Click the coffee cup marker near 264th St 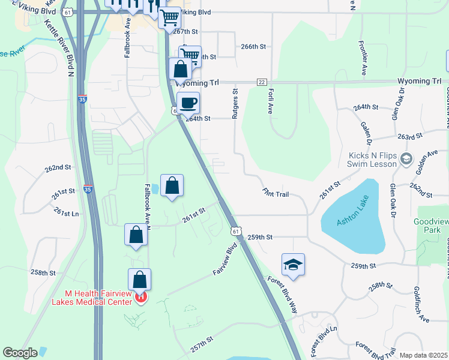[188, 103]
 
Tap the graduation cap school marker [293, 265]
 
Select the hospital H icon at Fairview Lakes [140, 296]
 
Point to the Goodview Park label [430, 226]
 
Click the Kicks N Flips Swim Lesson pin [406, 159]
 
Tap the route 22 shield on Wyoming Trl [261, 82]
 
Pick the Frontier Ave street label [363, 58]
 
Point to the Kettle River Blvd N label [58, 48]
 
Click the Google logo [20, 353]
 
